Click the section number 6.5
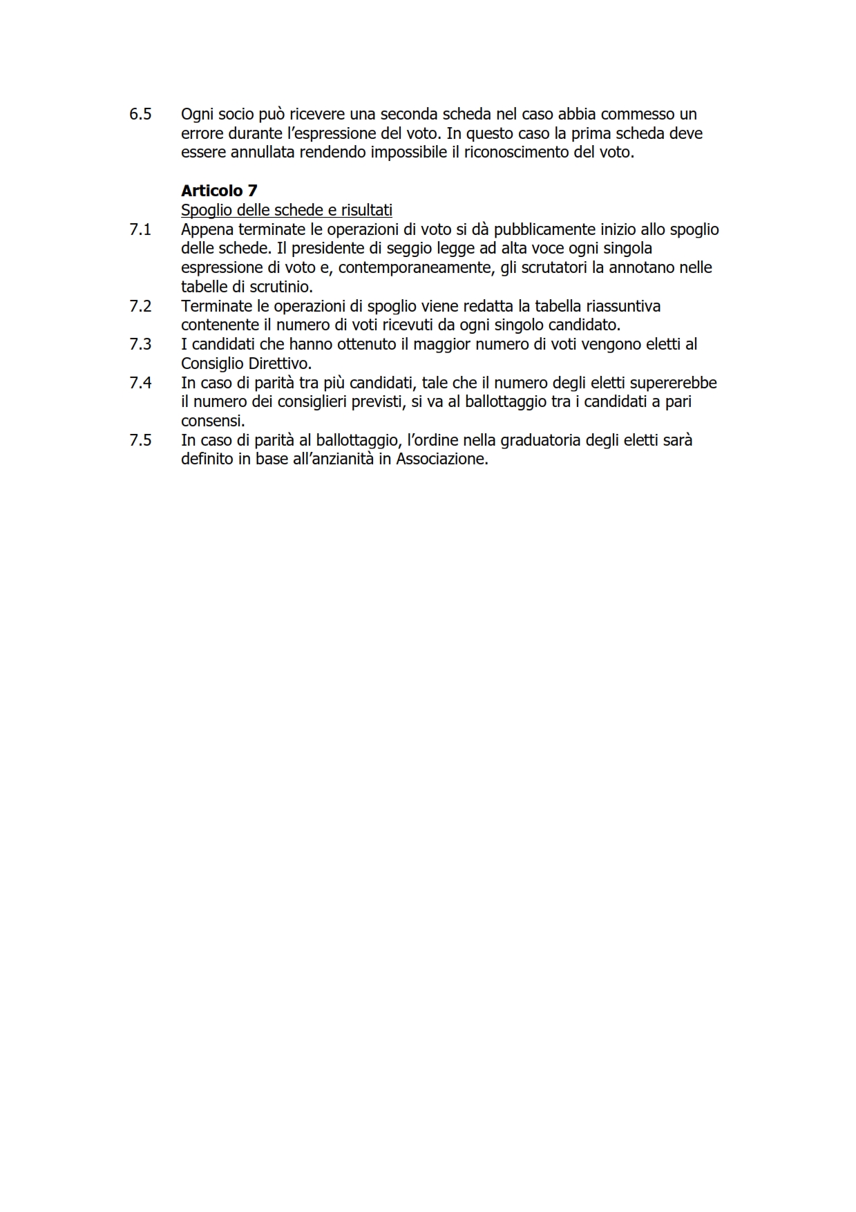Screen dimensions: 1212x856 140,114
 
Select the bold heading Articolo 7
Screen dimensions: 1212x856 219,191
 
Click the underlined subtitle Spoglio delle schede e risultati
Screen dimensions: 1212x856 286,210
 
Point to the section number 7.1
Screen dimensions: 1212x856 140,229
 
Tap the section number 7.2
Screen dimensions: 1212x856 140,306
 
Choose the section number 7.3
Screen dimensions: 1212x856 140,344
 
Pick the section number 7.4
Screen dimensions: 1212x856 140,383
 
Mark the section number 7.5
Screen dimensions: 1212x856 140,440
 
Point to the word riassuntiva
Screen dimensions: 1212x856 619,306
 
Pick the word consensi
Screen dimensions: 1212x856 211,421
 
